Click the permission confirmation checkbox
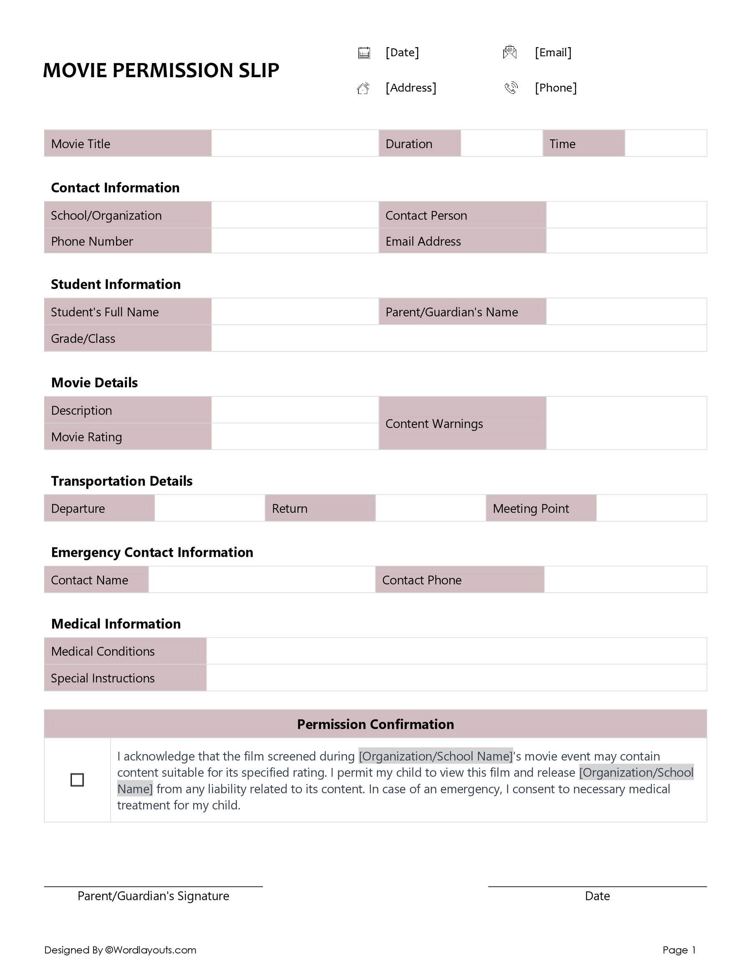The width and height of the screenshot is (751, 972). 77,780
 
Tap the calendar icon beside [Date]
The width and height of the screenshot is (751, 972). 364,53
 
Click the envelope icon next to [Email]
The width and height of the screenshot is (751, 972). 509,52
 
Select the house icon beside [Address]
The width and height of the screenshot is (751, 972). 363,88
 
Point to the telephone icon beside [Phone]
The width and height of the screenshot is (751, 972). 511,88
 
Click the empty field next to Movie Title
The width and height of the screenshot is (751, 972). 295,143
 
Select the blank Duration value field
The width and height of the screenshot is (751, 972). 502,143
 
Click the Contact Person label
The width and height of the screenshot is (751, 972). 426,215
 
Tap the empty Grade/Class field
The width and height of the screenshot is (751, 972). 458,338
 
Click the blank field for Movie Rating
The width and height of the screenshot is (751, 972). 295,437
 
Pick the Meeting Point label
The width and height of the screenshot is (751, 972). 530,508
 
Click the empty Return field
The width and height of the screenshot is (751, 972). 430,508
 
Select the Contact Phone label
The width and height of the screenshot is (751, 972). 421,580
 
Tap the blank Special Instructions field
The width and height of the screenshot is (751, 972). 456,678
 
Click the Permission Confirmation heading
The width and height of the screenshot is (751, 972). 375,724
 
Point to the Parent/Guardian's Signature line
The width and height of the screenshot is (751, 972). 153,886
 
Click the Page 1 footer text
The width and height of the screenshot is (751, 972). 678,950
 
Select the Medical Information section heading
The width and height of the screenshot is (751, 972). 116,624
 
